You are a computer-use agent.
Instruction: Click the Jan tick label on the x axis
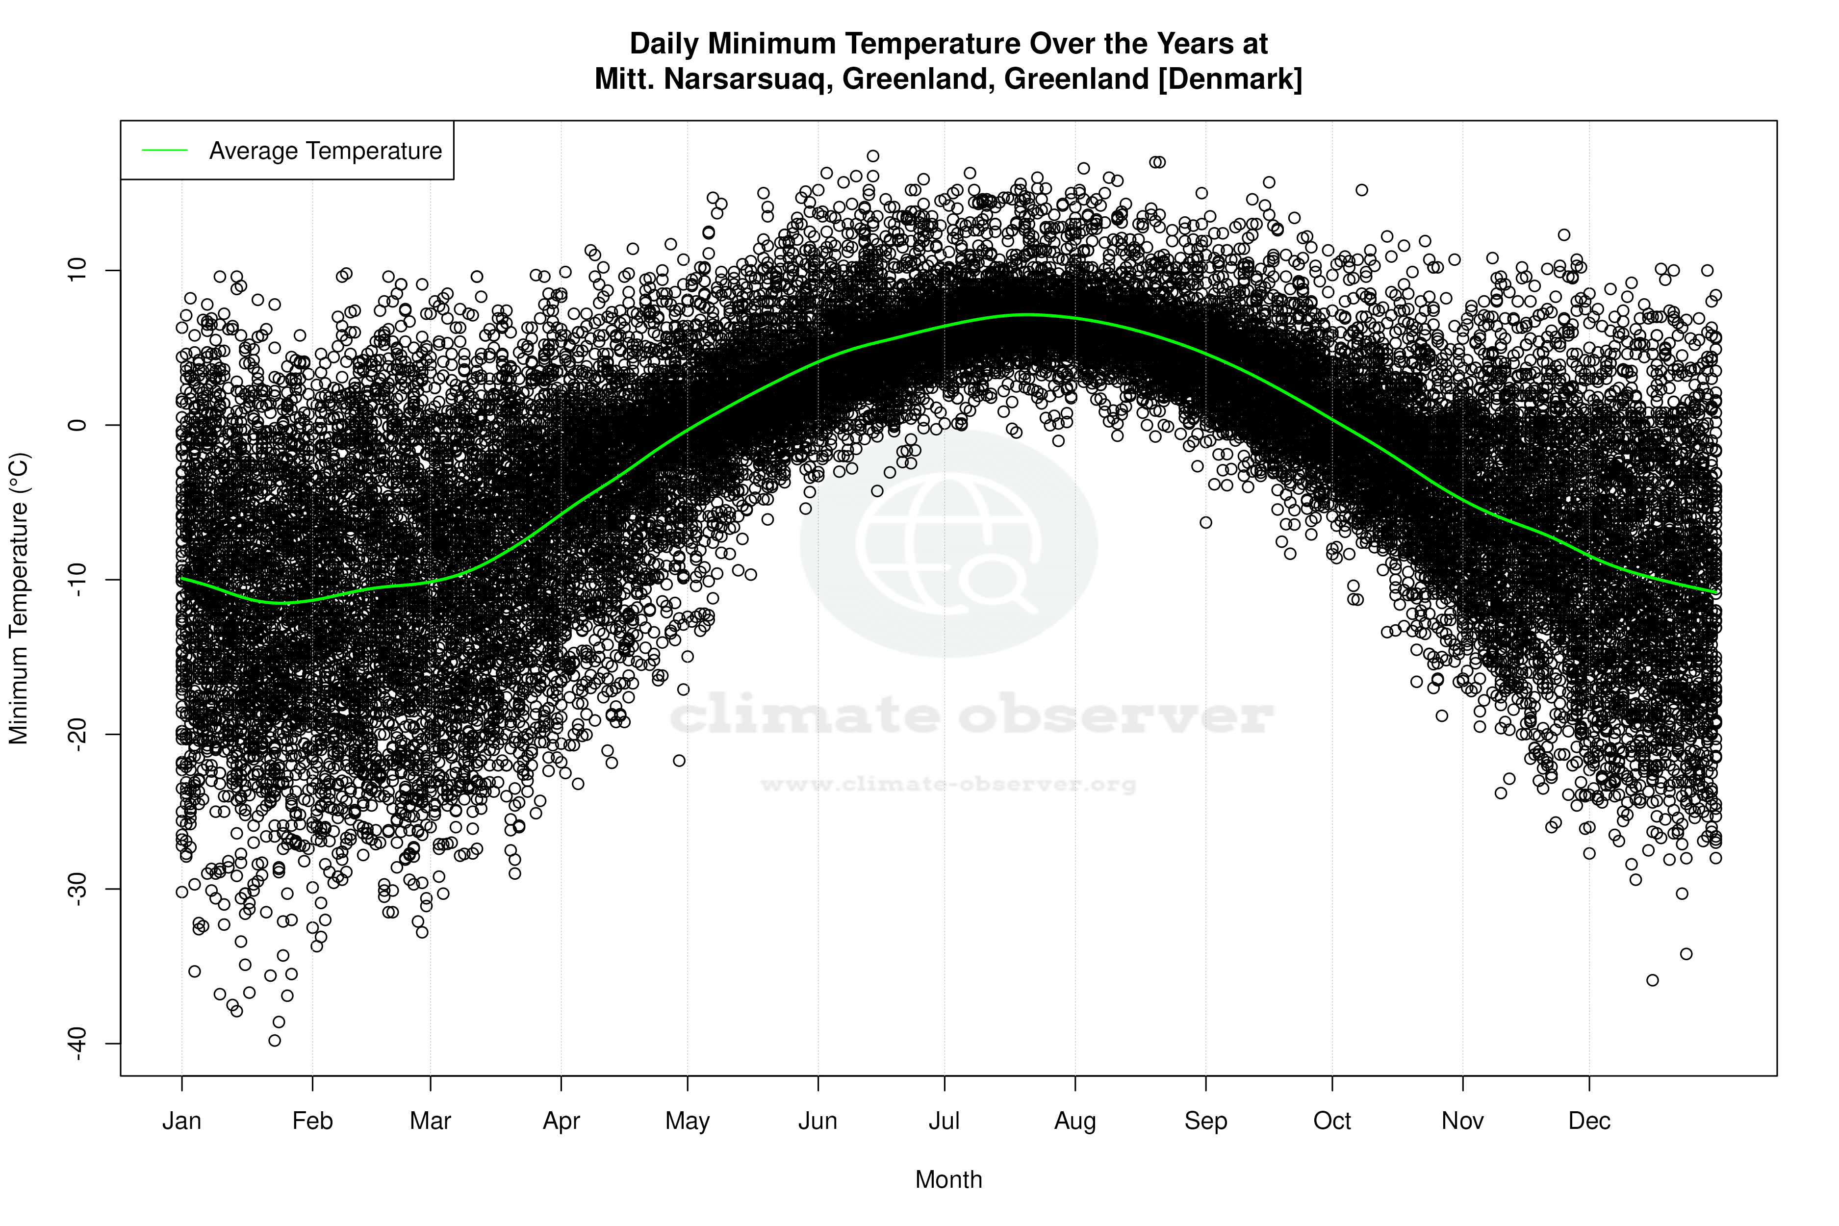click(181, 1121)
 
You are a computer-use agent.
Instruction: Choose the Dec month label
click(1589, 1121)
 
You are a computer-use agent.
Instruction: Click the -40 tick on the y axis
click(78, 1044)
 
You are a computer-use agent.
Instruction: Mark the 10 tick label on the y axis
click(78, 271)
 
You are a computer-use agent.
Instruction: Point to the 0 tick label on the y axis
click(78, 425)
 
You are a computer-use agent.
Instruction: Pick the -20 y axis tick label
click(78, 734)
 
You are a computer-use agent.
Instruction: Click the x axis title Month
click(948, 1180)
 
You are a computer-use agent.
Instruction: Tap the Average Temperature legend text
click(325, 151)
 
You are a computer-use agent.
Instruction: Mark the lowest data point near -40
click(275, 1041)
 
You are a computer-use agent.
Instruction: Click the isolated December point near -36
click(1652, 980)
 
